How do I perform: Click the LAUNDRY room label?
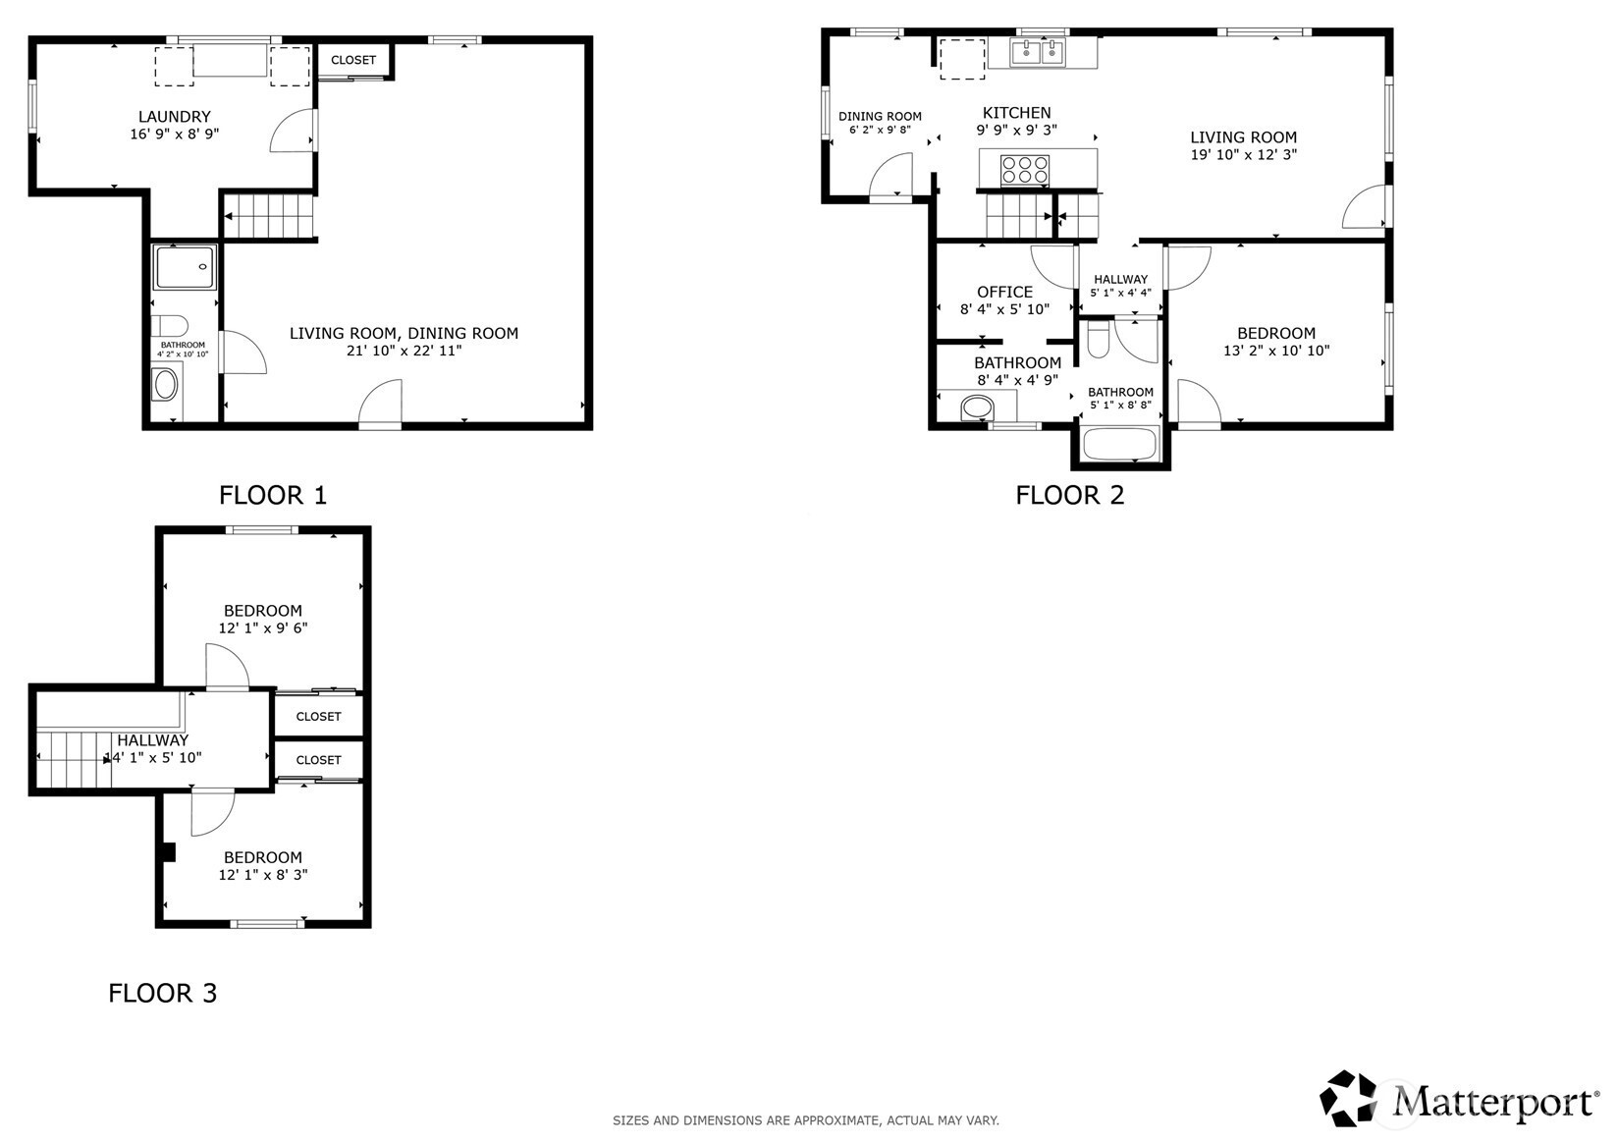[175, 116]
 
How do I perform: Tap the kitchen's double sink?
[1038, 53]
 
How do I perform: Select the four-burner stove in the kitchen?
[1025, 171]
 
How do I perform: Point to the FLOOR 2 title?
[1070, 495]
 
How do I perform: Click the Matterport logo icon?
[1348, 1099]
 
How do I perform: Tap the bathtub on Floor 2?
[1121, 443]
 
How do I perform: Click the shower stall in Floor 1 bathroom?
[184, 266]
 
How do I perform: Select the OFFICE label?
[1004, 292]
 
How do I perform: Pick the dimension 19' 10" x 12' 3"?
[1244, 154]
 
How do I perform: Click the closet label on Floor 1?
[353, 60]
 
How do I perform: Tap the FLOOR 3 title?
[162, 994]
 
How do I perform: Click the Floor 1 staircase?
[269, 216]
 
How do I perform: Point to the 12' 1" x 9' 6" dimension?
[263, 628]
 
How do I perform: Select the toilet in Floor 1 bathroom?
[171, 326]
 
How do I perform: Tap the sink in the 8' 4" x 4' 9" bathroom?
[978, 408]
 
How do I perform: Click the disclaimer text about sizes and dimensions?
[806, 1120]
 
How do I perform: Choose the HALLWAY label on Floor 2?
[1120, 280]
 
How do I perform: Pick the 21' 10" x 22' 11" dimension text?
[404, 351]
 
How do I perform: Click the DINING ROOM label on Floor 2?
[880, 116]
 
